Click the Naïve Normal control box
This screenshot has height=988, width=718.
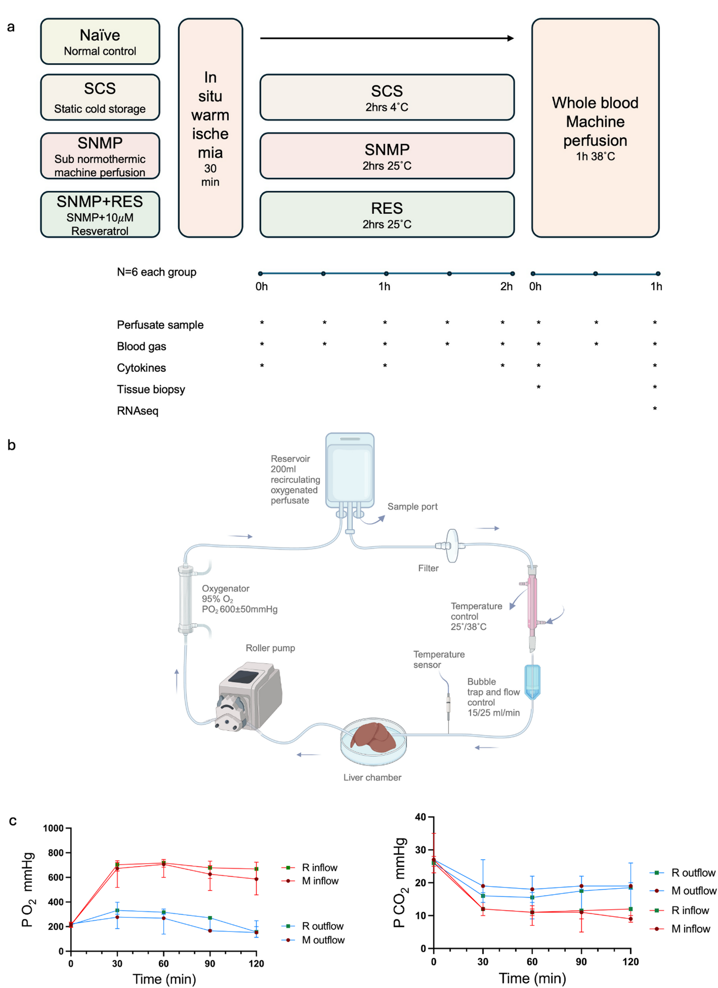coord(100,41)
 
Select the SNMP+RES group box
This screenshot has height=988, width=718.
coord(100,214)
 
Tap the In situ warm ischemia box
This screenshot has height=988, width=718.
coord(210,128)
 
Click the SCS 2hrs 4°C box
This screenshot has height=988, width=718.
coord(387,97)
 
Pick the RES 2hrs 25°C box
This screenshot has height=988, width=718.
coord(387,214)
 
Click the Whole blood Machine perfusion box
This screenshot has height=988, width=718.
coord(595,128)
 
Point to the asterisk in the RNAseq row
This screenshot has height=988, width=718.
coord(655,408)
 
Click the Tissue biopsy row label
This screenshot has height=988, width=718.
coord(151,389)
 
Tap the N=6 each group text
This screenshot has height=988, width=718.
coord(156,272)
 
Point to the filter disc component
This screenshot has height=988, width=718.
coord(452,545)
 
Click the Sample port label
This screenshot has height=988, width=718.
coord(412,507)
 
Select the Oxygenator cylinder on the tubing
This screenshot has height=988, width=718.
coord(185,599)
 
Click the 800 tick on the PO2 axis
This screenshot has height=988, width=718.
coord(55,853)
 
